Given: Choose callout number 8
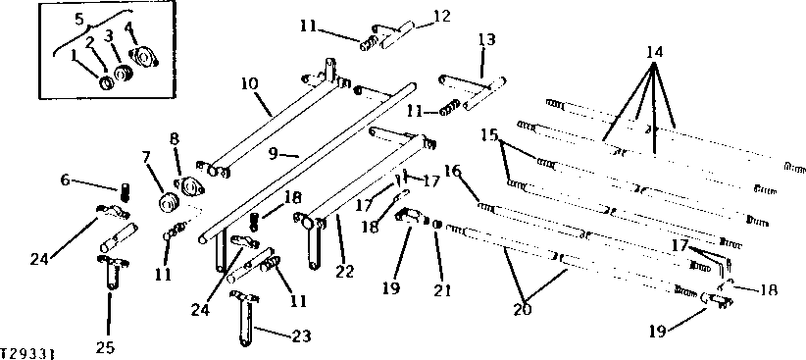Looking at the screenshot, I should [x=176, y=139].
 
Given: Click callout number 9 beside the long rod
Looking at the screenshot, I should [x=275, y=153].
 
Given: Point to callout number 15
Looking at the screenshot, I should [x=489, y=133].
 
